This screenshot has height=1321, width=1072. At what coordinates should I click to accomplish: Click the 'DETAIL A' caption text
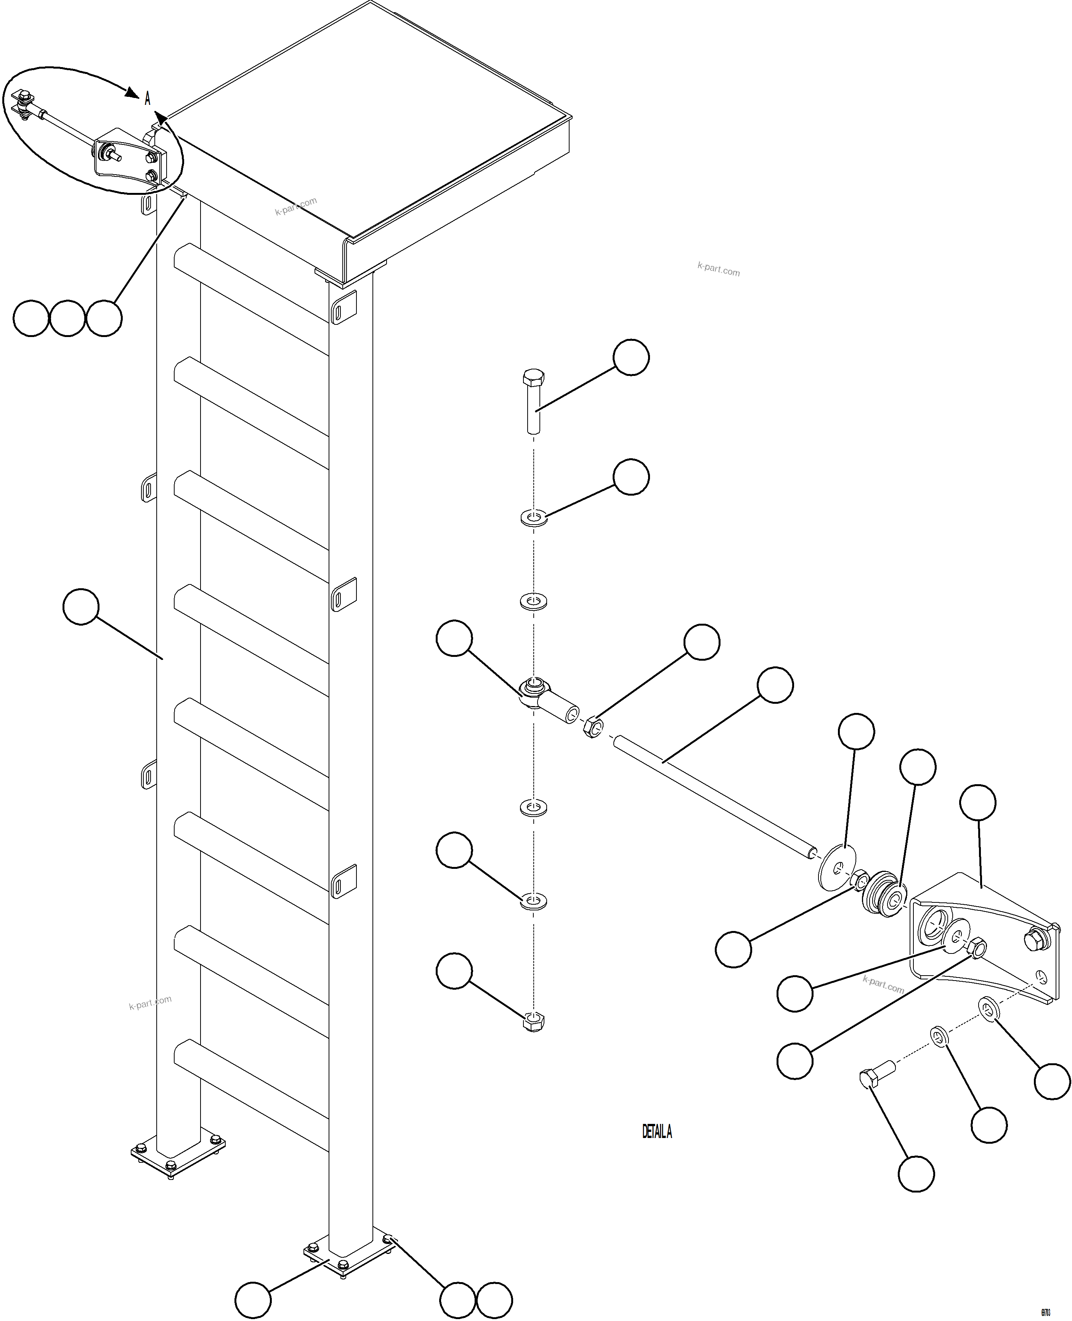[656, 1132]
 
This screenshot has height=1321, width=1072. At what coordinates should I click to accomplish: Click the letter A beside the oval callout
[148, 98]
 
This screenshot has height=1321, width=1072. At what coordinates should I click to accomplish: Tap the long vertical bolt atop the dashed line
[534, 401]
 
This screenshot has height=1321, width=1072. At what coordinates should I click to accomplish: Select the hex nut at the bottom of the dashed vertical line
[534, 1022]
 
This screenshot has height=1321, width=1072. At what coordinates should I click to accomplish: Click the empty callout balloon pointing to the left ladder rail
[81, 607]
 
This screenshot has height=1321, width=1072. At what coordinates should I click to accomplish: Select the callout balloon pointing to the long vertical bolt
[631, 357]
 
